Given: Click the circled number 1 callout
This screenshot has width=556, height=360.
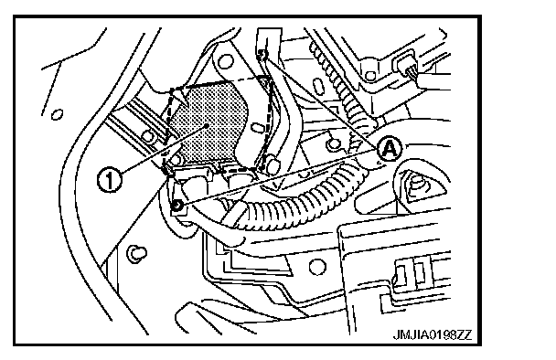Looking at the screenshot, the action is (x=110, y=180).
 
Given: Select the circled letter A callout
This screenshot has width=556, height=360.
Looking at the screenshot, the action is (x=389, y=149).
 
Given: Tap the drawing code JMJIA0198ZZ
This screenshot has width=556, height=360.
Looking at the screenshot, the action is (x=433, y=334).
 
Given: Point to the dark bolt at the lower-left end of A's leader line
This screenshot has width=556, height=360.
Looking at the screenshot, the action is (x=176, y=205).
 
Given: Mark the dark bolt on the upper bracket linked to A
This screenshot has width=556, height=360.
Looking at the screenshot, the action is (x=262, y=54).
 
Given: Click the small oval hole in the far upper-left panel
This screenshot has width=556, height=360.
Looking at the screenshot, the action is (x=57, y=115).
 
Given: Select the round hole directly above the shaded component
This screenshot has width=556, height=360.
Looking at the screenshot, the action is (x=225, y=62).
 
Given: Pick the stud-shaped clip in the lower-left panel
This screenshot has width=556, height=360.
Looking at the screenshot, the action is (x=136, y=253).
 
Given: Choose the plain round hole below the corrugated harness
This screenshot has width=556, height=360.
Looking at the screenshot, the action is (x=317, y=267).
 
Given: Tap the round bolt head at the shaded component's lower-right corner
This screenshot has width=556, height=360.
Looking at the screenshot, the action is (x=272, y=164).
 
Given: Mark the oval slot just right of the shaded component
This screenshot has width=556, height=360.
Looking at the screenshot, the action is (x=257, y=128).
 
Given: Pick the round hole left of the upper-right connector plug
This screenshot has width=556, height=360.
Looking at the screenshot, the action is (x=370, y=76).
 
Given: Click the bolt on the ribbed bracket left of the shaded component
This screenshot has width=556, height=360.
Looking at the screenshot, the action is (x=148, y=136).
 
